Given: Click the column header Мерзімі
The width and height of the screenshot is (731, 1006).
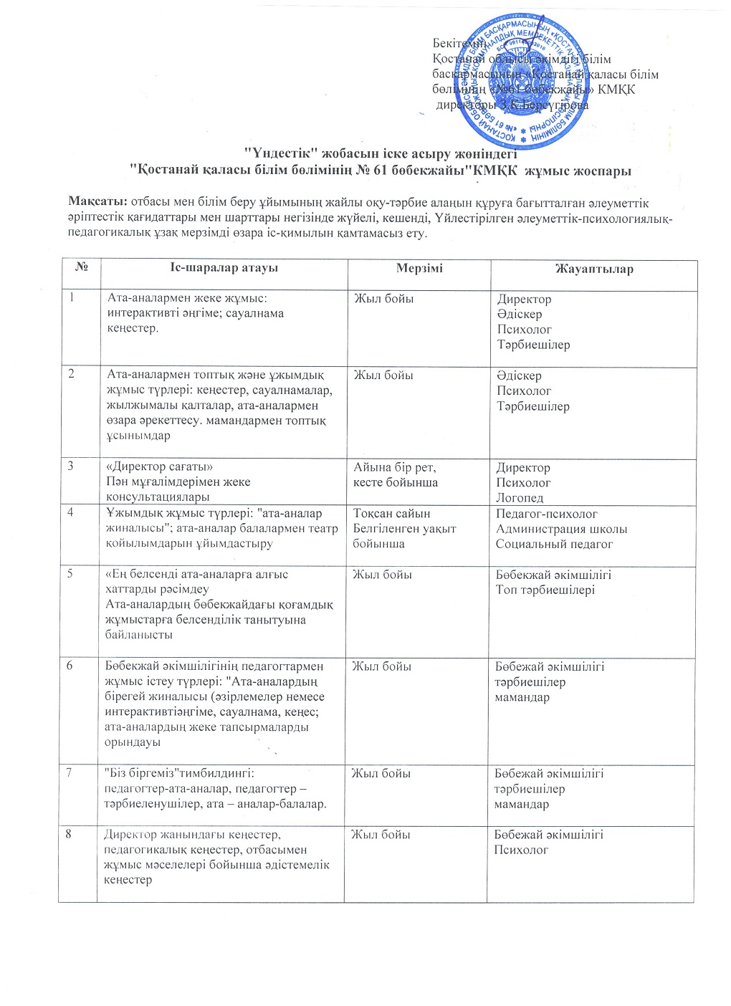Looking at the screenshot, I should (419, 268).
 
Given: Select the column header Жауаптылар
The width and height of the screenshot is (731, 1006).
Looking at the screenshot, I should (593, 269).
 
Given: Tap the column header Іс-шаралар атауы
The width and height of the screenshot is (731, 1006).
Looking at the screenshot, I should (224, 268).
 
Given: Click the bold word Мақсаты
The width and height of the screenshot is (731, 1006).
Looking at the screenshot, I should (97, 203).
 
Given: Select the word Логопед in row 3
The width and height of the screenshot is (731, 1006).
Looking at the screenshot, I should (520, 498).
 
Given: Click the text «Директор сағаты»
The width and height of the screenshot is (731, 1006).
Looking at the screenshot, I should (159, 466).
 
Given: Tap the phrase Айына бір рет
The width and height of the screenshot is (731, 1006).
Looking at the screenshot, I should (394, 467).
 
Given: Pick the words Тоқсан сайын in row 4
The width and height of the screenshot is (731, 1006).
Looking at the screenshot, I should (391, 513).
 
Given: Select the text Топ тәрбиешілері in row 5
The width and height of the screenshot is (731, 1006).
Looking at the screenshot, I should (545, 590).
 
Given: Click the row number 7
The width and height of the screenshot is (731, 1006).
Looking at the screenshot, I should (69, 772).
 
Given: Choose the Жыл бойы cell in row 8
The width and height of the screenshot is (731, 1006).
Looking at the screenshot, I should (380, 834).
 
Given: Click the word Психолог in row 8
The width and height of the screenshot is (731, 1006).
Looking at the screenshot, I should (521, 850).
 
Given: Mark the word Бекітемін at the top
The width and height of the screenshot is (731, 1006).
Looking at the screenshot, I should (459, 44).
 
